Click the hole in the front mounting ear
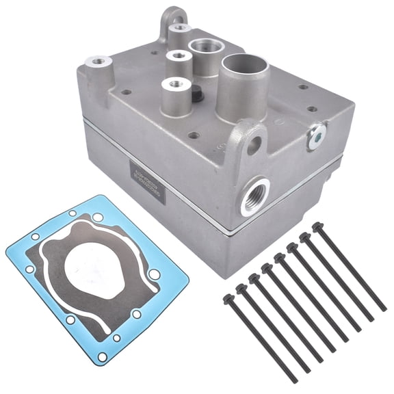tap(254, 144)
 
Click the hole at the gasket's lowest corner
tap(103, 357)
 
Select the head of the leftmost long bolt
tap(228, 299)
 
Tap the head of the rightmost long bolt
tap(317, 226)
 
